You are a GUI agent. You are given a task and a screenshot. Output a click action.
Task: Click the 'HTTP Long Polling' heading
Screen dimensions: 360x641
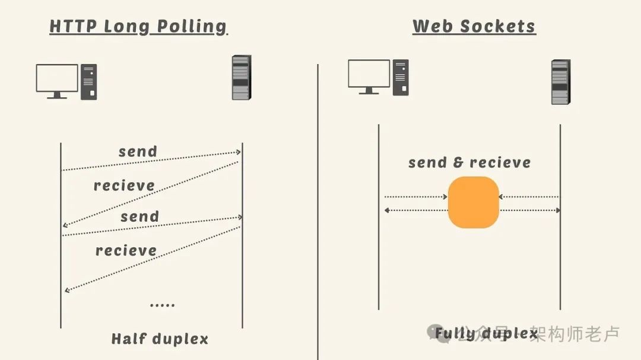(138, 27)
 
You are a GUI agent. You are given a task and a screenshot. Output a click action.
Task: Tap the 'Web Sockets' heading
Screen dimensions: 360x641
(474, 27)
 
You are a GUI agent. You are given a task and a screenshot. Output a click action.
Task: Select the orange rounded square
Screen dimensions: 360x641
(473, 202)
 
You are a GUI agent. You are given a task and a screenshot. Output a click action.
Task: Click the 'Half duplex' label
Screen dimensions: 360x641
(160, 339)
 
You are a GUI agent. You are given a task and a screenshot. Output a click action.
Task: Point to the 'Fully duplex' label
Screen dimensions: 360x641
(486, 333)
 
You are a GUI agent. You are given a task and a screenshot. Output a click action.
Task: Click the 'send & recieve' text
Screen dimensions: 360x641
(469, 163)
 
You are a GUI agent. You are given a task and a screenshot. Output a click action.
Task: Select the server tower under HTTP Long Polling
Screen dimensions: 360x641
(241, 77)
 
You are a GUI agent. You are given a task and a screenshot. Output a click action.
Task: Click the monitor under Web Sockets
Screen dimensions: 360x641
(369, 76)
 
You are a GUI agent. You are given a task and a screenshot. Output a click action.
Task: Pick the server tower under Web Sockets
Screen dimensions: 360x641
(560, 82)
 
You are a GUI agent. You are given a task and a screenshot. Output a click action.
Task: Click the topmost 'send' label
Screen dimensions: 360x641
(138, 151)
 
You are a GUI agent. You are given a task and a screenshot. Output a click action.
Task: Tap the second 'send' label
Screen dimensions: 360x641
(140, 216)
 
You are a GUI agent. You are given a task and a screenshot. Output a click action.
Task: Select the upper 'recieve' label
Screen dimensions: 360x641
(124, 186)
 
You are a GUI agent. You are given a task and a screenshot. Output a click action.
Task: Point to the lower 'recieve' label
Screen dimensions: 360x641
(126, 250)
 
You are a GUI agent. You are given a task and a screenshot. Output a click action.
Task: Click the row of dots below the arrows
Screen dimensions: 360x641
(162, 305)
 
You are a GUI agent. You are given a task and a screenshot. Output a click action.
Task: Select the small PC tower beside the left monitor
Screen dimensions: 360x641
(88, 82)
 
